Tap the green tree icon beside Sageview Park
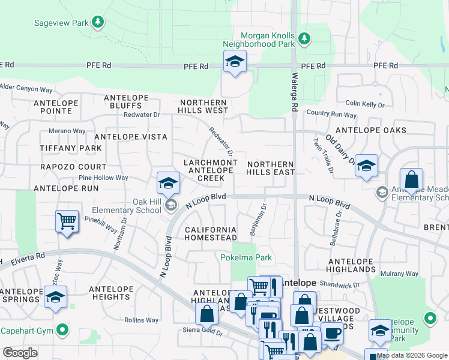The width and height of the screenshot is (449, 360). coord(98,23)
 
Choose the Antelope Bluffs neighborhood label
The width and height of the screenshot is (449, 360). coord(131,101)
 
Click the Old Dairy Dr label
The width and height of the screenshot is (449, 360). coord(339,147)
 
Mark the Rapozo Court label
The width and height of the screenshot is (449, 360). coord(73,167)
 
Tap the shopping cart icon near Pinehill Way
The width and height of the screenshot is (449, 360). coord(67,221)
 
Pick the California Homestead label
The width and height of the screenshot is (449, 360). coord(210,234)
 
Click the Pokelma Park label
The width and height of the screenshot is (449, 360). coord(246,258)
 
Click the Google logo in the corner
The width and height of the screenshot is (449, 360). coord(20,353)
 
